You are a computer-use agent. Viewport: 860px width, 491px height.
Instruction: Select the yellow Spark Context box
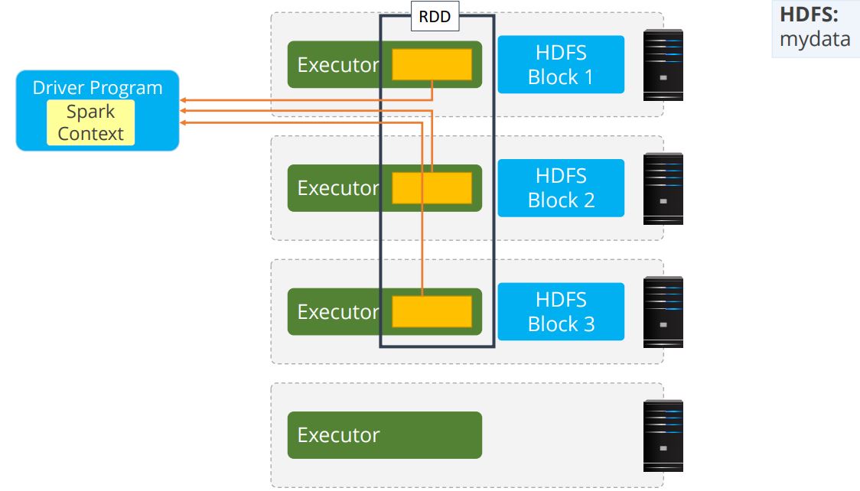coord(90,122)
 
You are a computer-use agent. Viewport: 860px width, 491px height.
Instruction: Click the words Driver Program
coord(97,87)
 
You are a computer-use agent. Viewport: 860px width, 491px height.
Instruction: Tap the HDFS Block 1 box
coord(561,65)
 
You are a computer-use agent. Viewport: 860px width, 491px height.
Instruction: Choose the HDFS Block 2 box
coord(561,188)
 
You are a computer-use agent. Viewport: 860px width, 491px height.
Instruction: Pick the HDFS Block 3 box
coord(561,312)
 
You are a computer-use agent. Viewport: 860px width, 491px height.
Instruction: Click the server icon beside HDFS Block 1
coord(663,65)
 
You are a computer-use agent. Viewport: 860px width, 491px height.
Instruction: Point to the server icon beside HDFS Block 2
coord(663,189)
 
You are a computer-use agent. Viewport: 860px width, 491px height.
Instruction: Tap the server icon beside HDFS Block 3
coord(663,312)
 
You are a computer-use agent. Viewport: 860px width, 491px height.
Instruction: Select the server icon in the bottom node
coord(663,435)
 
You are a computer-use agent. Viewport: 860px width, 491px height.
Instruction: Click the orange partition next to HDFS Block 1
coord(432,64)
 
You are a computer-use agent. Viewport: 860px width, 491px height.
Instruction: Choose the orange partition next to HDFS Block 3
coord(432,312)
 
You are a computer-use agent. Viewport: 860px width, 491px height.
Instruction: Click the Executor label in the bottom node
coord(338,435)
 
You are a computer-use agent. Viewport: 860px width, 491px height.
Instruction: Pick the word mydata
coord(814,39)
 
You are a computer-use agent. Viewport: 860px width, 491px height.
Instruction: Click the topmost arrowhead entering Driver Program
coord(184,100)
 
